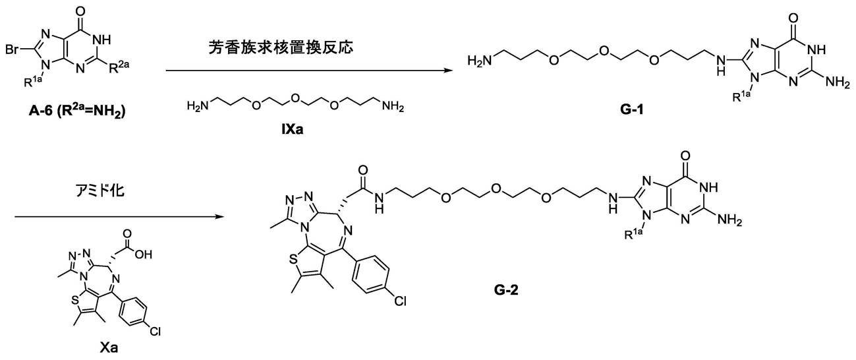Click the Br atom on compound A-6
pos(13,50)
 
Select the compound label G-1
pos(632,110)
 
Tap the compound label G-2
pos(506,291)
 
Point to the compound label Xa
pos(109,347)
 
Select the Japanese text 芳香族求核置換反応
pos(281,47)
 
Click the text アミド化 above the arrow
pos(100,190)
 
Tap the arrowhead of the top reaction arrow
pos(449,71)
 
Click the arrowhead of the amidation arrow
pos(219,217)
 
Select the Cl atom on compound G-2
pos(400,301)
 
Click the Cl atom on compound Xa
pos(155,331)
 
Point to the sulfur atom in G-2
pos(293,260)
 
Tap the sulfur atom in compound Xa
pos(75,301)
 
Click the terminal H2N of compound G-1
pos(480,61)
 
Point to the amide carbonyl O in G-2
pos(363,170)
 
